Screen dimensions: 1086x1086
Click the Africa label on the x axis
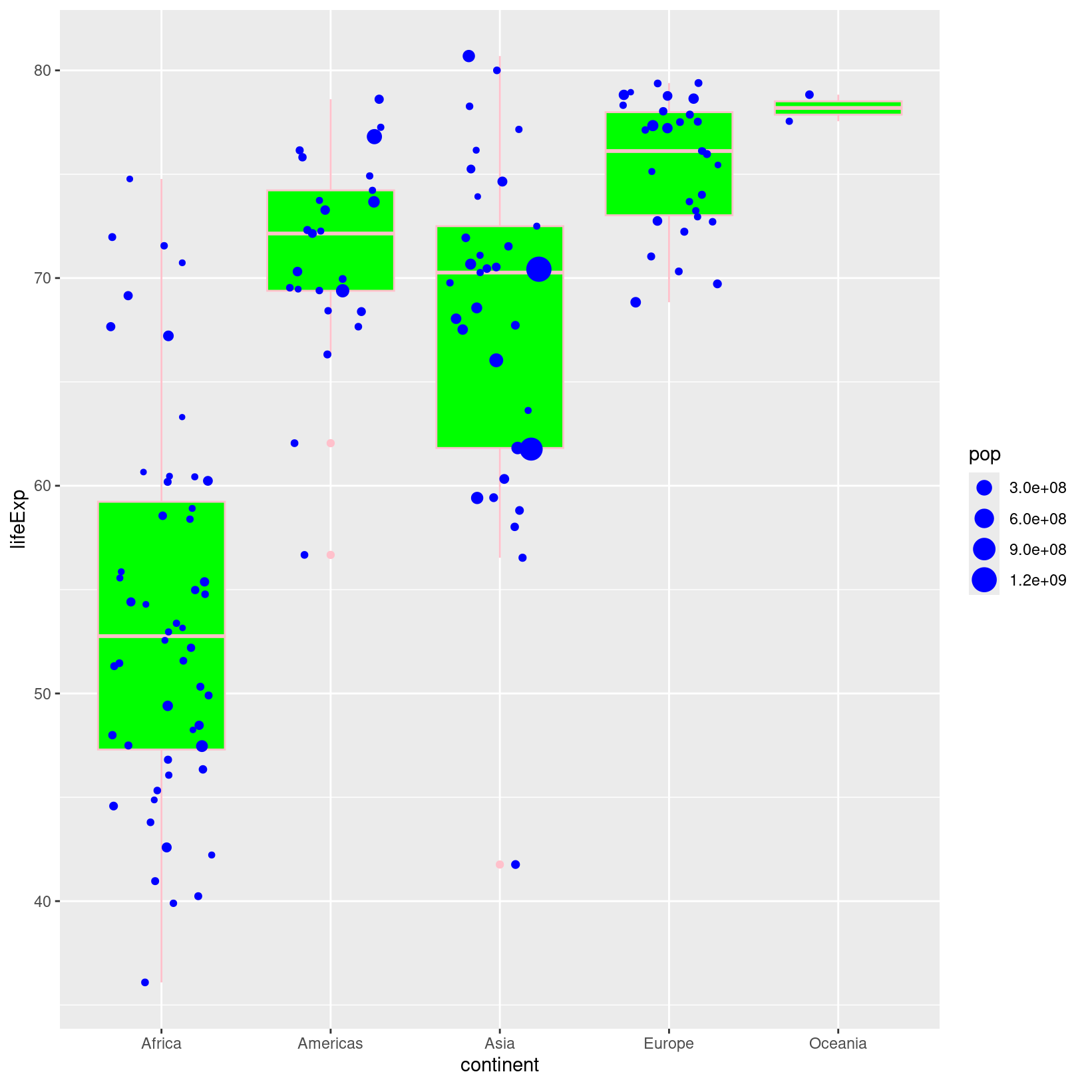pos(161,1043)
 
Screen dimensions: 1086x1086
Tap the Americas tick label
pos(330,1043)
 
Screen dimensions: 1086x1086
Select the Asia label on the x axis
pos(499,1043)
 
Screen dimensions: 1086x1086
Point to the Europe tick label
pos(668,1043)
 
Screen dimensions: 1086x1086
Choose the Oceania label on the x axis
pos(837,1043)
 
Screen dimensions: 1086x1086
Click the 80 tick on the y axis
pos(43,71)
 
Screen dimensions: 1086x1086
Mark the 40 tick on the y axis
pos(43,901)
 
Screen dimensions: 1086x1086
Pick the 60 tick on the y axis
pos(43,486)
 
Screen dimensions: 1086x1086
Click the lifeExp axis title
pos(19,518)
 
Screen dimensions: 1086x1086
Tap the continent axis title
pos(499,1065)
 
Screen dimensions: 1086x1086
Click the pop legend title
pos(984,454)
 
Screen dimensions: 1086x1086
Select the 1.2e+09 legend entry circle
pos(984,580)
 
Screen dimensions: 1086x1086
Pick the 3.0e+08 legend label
pos(1037,488)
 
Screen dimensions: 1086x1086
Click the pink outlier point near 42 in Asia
pos(500,864)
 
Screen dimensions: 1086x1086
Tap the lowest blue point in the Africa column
pos(145,982)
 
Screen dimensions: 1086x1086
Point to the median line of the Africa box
pos(161,636)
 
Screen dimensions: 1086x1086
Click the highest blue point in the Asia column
pos(468,56)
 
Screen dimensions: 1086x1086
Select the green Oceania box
pos(837,108)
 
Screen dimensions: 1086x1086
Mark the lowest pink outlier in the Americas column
pos(331,555)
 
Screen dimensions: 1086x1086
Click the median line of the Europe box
pos(668,151)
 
